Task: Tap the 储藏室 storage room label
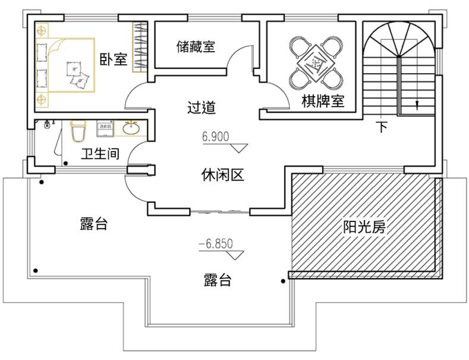(196, 46)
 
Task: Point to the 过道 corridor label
(201, 108)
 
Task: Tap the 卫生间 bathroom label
(100, 155)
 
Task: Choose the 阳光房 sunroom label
(365, 227)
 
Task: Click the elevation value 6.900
(215, 137)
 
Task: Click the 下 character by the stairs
(383, 127)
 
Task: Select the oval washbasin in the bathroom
(131, 128)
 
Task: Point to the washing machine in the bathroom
(105, 127)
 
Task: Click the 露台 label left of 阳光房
(93, 224)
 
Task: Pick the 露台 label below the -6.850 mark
(217, 280)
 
